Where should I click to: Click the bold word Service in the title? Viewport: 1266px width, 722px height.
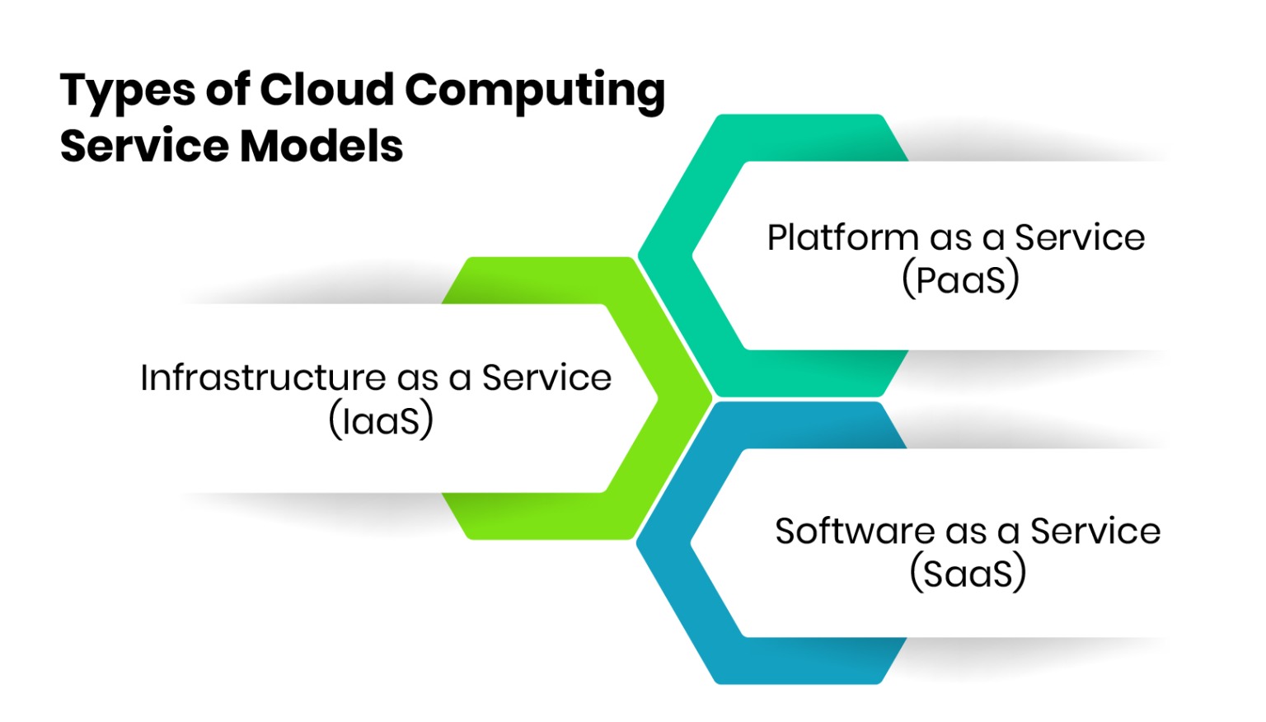click(144, 146)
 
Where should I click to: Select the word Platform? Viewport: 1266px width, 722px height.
click(842, 237)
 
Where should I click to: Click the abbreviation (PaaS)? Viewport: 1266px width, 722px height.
click(960, 279)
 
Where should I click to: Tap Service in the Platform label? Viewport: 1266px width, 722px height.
click(1080, 237)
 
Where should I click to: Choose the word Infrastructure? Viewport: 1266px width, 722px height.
click(262, 377)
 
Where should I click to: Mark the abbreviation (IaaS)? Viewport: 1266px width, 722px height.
click(381, 420)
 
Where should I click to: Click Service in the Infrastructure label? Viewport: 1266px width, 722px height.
click(546, 377)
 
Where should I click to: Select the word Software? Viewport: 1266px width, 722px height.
click(854, 532)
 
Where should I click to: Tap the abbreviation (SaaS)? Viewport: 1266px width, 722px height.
click(968, 573)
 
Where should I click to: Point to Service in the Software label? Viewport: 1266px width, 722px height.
click(1095, 532)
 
